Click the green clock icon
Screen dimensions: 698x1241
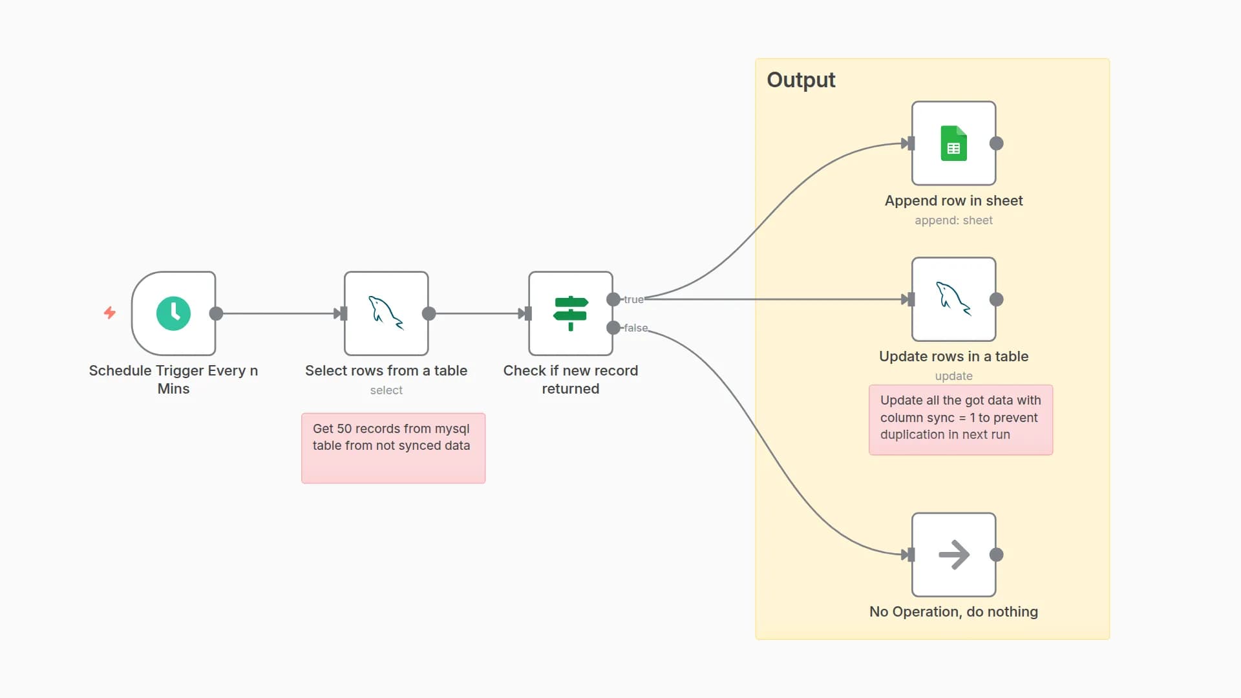pos(173,313)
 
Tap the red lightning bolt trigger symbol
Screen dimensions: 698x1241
pos(110,313)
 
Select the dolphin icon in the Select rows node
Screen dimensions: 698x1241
pos(386,313)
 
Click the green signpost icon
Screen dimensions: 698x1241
pos(570,313)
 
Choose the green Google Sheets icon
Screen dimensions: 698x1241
pos(953,143)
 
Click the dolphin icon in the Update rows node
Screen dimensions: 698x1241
pos(953,299)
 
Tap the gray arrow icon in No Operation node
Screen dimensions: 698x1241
pos(953,555)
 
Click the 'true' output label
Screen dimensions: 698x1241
pos(633,299)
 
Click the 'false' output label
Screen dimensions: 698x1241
pos(635,328)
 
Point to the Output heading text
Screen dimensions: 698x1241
pos(801,80)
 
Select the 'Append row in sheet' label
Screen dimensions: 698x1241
pos(953,201)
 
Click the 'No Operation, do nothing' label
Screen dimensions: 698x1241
pos(953,611)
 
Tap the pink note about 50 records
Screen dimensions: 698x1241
pos(393,448)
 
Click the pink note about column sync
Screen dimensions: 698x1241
pos(960,419)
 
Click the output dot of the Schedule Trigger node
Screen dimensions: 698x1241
pos(217,313)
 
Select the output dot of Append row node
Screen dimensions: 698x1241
pos(997,143)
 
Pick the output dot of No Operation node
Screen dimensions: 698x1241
pos(997,555)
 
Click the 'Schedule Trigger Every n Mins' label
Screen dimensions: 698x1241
pos(173,379)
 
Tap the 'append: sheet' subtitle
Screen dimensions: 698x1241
pos(953,220)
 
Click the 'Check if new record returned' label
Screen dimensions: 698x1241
pos(570,379)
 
